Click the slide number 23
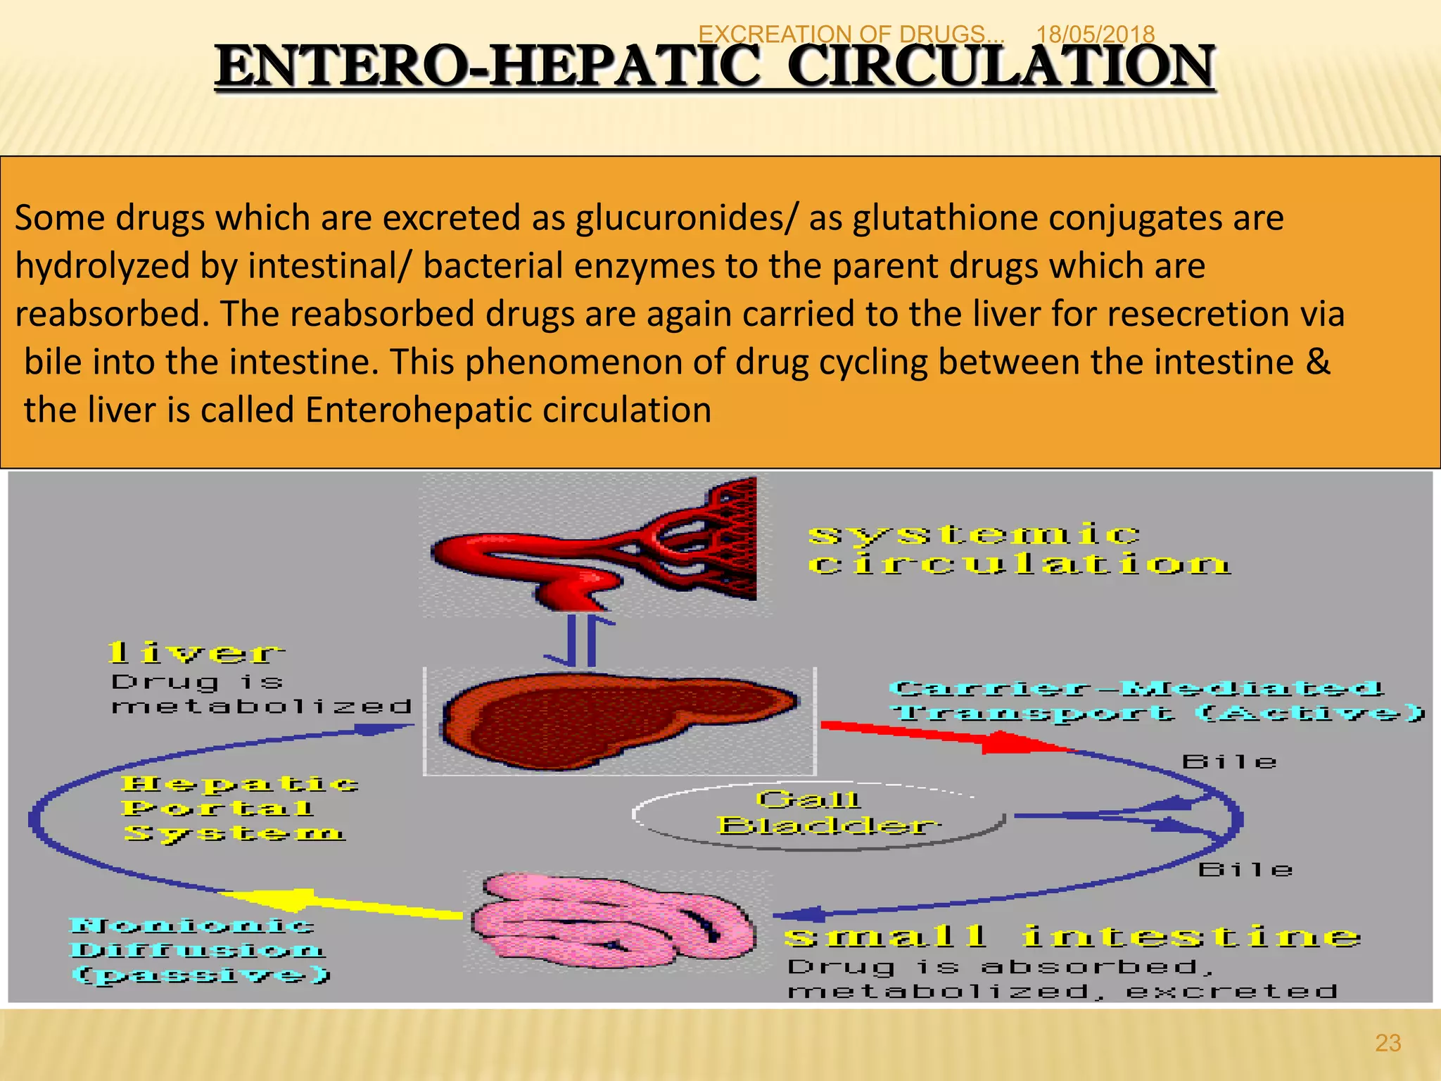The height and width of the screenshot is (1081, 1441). pyautogui.click(x=1388, y=1042)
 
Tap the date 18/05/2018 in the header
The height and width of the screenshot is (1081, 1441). pyautogui.click(x=1095, y=34)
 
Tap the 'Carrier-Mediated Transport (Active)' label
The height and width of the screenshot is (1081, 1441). pyautogui.click(x=1154, y=700)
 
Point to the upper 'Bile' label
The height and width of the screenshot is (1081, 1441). pyautogui.click(x=1229, y=762)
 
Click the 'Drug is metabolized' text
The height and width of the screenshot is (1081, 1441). pyautogui.click(x=260, y=694)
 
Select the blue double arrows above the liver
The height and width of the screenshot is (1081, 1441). pyautogui.click(x=580, y=640)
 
